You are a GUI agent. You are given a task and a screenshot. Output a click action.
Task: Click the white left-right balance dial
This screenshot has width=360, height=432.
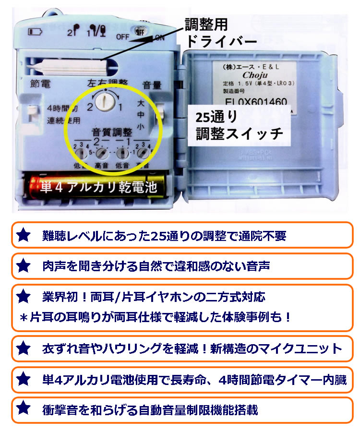(104, 101)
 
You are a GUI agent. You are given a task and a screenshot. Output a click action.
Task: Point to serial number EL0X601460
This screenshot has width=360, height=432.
(256, 102)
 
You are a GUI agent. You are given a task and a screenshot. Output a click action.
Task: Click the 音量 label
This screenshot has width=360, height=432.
(152, 86)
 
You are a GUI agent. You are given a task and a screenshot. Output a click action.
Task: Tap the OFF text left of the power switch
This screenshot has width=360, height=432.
(122, 36)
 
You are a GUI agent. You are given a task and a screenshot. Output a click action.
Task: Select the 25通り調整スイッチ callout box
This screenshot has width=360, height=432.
(240, 125)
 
